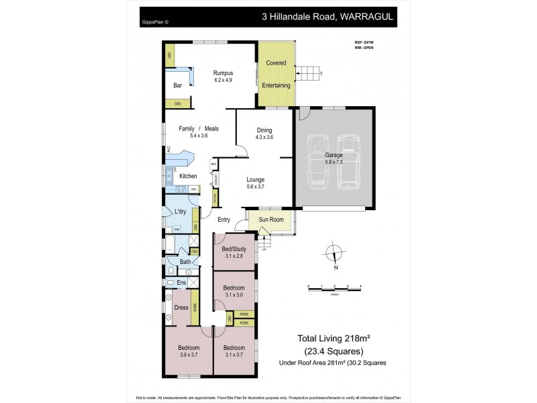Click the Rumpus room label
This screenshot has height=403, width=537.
(x=222, y=73)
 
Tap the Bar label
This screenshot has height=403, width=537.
(x=178, y=85)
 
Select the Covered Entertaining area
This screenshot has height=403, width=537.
(x=277, y=74)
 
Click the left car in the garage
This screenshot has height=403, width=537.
(x=315, y=161)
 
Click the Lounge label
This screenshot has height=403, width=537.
(x=255, y=179)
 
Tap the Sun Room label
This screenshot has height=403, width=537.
(x=271, y=219)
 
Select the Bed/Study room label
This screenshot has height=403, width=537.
(x=234, y=249)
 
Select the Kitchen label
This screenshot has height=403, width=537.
(x=188, y=176)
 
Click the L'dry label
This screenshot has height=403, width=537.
(x=180, y=212)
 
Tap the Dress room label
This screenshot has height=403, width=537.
(x=181, y=308)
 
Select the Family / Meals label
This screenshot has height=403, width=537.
(x=198, y=128)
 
